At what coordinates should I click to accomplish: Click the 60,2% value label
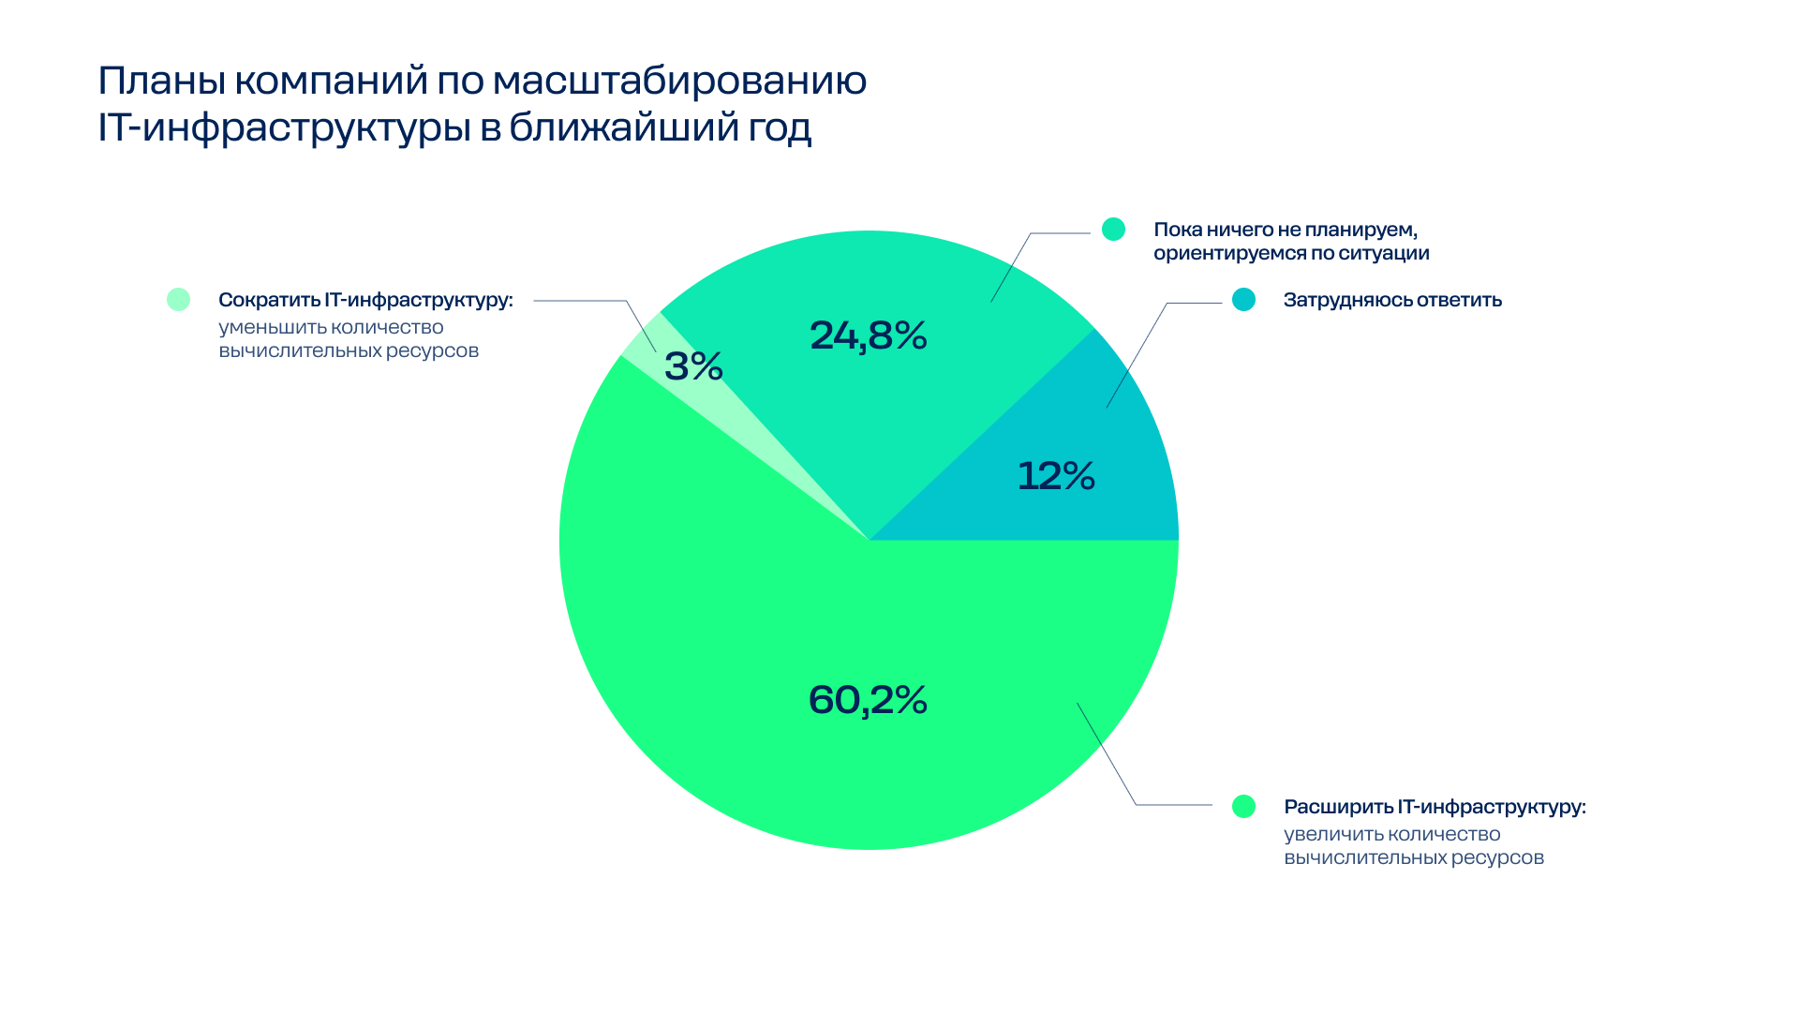pyautogui.click(x=868, y=700)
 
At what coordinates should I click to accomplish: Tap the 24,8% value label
pyautogui.click(x=868, y=335)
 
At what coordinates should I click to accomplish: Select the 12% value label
pyautogui.click(x=1056, y=476)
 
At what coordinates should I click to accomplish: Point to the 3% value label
pyautogui.click(x=693, y=366)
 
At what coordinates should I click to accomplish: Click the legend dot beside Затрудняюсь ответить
pyautogui.click(x=1243, y=300)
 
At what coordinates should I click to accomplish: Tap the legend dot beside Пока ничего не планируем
pyautogui.click(x=1113, y=230)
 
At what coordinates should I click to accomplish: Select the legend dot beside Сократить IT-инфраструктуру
pyautogui.click(x=178, y=300)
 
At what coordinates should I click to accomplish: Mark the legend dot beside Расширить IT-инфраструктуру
pyautogui.click(x=1243, y=806)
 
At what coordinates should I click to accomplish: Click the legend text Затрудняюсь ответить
pyautogui.click(x=1392, y=300)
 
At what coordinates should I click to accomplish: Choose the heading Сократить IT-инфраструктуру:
pyautogui.click(x=365, y=300)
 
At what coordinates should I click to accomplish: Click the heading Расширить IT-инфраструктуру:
pyautogui.click(x=1435, y=807)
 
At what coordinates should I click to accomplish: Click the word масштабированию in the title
pyautogui.click(x=679, y=82)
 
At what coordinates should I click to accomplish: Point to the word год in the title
pyautogui.click(x=779, y=128)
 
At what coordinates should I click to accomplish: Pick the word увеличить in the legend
pyautogui.click(x=1331, y=834)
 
